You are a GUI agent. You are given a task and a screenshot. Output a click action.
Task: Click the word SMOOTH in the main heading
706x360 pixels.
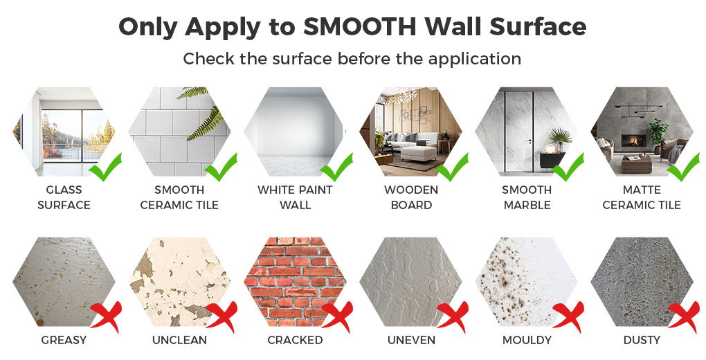[x=359, y=27]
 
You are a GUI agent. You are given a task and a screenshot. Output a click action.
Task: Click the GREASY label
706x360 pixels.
[x=64, y=340]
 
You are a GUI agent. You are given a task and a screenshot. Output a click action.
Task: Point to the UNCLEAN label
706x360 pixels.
[x=180, y=340]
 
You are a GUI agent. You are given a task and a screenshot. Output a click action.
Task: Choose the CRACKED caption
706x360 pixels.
[x=295, y=340]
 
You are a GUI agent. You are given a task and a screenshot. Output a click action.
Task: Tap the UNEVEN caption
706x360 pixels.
[x=412, y=340]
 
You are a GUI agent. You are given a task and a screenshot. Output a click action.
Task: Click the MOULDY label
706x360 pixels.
[x=527, y=340]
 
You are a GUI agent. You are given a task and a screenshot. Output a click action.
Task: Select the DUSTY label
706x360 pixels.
[x=642, y=340]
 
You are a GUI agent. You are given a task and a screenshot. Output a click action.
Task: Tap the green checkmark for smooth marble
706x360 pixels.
[x=568, y=167]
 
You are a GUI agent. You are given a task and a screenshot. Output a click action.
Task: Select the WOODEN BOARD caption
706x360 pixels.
[x=411, y=197]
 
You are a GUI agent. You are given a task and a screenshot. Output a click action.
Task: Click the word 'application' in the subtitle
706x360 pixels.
[x=475, y=59]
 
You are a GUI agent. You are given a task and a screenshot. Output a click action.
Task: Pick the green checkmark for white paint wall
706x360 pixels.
[x=337, y=167]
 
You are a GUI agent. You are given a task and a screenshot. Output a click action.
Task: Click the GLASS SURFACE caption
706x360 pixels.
[x=64, y=197]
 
